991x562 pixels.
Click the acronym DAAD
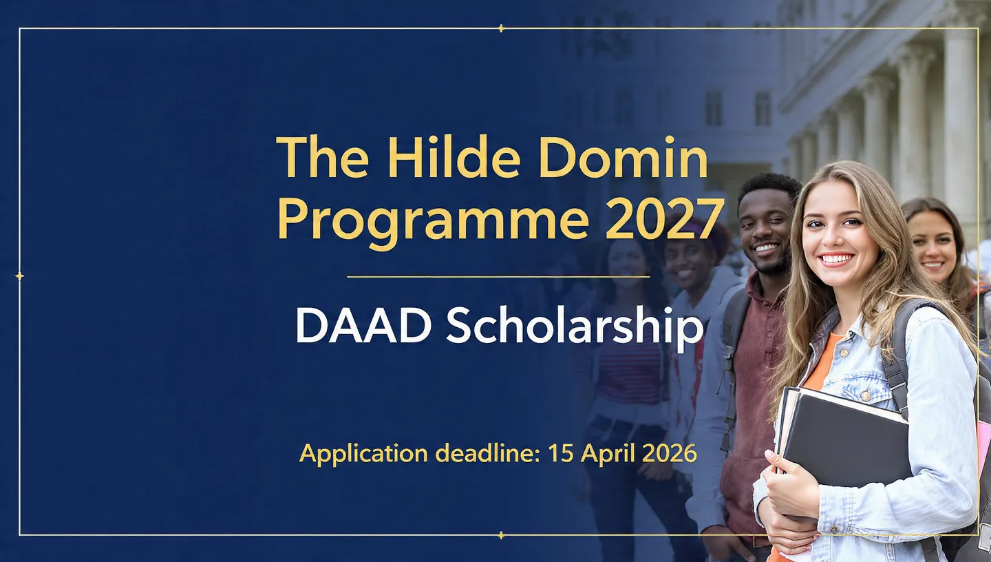(363, 326)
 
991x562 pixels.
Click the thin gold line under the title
(498, 277)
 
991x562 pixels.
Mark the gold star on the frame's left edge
(19, 276)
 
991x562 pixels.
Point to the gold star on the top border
(501, 28)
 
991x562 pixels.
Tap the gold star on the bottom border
(501, 534)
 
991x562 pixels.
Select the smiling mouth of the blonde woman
(837, 260)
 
